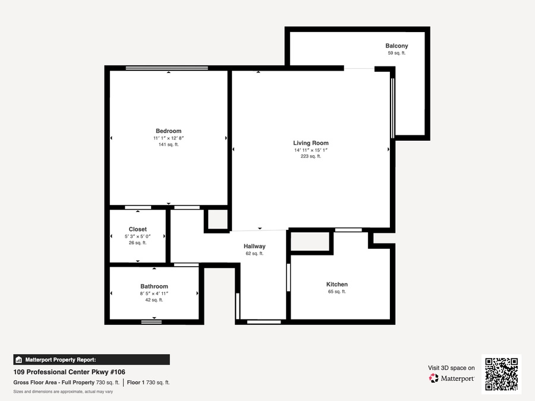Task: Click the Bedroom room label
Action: pos(169,131)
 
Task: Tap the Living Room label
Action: pos(311,143)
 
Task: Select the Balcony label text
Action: pos(397,46)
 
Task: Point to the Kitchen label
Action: pos(337,285)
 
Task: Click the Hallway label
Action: pos(254,246)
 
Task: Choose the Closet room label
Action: pos(138,229)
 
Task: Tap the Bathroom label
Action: pos(154,286)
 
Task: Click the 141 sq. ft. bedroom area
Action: pos(169,144)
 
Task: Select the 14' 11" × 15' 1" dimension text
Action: pos(311,150)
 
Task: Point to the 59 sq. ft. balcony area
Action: pos(397,53)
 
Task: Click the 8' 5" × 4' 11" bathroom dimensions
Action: pos(154,293)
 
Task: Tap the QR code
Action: pos(502,374)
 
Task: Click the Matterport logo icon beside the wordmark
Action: pos(434,378)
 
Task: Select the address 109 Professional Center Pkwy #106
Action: pos(70,372)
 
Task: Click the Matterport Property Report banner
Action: pos(92,360)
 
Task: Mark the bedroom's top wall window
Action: pos(167,68)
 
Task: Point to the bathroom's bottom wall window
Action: pos(152,321)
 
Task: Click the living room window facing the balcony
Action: pos(392,108)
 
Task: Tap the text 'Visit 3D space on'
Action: pos(451,368)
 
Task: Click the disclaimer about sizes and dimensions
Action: pos(63,391)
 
